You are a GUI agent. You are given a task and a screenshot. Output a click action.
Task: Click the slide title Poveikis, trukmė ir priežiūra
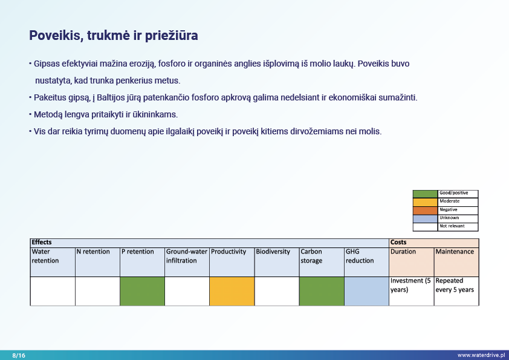pos(114,36)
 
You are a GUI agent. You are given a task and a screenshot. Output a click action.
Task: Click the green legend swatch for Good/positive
pos(425,194)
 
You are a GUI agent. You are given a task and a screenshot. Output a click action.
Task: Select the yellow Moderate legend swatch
pos(425,201)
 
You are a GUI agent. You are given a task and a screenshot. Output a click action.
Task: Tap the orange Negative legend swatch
pos(425,210)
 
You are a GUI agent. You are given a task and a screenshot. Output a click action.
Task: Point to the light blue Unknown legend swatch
pos(425,218)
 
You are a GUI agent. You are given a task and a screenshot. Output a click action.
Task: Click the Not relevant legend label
pos(452,226)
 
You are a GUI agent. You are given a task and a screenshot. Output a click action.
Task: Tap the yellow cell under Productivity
pos(232,291)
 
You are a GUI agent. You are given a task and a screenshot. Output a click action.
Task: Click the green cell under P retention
pos(142,291)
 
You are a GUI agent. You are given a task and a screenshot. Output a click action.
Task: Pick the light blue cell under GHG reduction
pos(366,291)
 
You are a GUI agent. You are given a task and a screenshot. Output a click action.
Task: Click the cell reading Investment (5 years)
pos(411,286)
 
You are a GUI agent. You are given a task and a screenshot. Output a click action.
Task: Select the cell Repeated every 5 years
pos(456,286)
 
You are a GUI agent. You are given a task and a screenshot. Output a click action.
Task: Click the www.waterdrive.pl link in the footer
pos(481,355)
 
